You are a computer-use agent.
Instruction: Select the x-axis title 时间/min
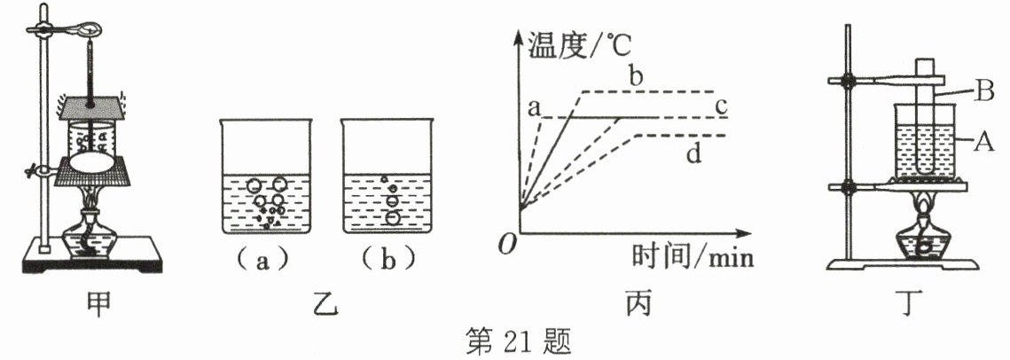click(692, 257)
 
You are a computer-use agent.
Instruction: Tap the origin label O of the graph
click(506, 246)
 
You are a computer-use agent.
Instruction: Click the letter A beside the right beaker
click(981, 139)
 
